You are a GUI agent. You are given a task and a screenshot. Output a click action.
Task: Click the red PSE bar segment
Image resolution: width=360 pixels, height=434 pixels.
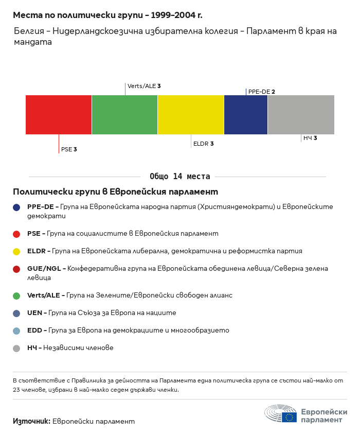(59, 115)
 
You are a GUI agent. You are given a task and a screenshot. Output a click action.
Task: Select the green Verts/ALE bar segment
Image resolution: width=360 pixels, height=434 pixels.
(124, 115)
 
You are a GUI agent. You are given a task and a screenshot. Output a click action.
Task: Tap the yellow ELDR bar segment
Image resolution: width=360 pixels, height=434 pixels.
(191, 115)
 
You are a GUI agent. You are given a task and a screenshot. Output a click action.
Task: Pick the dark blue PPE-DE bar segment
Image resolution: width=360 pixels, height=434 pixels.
(246, 115)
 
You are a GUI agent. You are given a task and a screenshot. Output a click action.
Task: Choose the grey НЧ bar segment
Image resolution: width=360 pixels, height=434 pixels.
(301, 115)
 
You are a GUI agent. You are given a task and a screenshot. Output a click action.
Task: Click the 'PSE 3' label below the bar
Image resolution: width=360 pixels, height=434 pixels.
(69, 149)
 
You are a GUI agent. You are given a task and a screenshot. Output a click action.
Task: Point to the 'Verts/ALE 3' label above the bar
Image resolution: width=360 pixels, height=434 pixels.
(144, 86)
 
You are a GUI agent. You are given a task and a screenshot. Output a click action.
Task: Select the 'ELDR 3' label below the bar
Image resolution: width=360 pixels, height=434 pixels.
(203, 144)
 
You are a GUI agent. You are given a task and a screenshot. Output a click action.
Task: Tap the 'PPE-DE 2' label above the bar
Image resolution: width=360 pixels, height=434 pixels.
(261, 92)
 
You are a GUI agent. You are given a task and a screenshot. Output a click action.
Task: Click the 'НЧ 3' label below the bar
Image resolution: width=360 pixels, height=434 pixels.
(310, 138)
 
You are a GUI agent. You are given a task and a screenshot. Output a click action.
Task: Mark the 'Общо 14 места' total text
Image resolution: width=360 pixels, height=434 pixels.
(179, 177)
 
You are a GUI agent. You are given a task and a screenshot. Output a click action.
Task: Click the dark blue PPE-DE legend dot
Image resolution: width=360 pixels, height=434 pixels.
(16, 207)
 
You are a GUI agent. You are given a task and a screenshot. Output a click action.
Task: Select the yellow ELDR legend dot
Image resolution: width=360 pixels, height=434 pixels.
(16, 251)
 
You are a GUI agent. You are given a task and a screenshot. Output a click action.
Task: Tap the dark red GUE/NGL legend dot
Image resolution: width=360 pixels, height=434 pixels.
(16, 269)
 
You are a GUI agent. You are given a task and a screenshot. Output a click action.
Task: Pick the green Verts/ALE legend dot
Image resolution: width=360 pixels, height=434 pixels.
(16, 296)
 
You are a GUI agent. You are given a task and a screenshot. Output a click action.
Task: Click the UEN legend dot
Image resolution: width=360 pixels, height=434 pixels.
(16, 313)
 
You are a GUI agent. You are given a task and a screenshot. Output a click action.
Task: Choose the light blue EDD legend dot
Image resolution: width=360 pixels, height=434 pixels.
(16, 331)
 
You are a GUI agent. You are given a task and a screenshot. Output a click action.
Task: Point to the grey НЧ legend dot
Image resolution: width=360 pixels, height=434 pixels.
(16, 348)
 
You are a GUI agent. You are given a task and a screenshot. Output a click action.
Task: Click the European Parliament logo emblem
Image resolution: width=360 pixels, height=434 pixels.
(281, 413)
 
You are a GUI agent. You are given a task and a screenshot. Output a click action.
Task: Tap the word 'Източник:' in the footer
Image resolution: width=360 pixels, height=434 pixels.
(31, 421)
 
